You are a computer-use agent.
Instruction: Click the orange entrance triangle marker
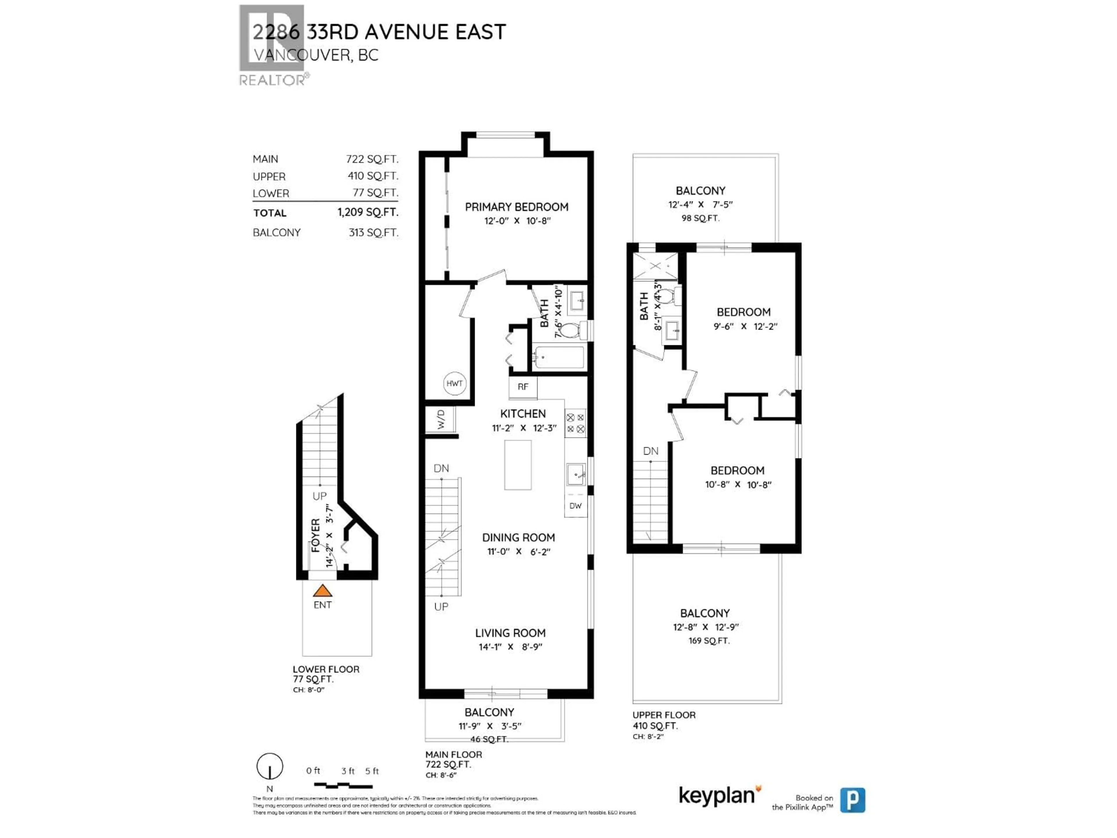[x=322, y=590]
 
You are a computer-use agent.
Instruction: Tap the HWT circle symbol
[x=454, y=384]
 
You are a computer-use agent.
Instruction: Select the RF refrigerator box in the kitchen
[x=523, y=387]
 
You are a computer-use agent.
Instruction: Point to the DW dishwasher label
[x=575, y=506]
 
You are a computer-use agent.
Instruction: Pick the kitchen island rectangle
[x=517, y=465]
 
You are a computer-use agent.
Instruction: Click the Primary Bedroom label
[x=516, y=207]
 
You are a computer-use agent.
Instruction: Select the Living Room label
[x=510, y=633]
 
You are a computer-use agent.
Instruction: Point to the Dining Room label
[x=518, y=537]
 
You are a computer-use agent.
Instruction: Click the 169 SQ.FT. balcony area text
[x=709, y=640]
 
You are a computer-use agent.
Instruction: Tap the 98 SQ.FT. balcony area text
[x=700, y=218]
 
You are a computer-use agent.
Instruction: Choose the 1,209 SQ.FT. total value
[x=368, y=212]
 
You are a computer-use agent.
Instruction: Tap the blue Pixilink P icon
[x=852, y=800]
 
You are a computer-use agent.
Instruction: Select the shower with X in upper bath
[x=655, y=266]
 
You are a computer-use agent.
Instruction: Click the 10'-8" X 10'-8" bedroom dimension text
[x=738, y=484]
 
